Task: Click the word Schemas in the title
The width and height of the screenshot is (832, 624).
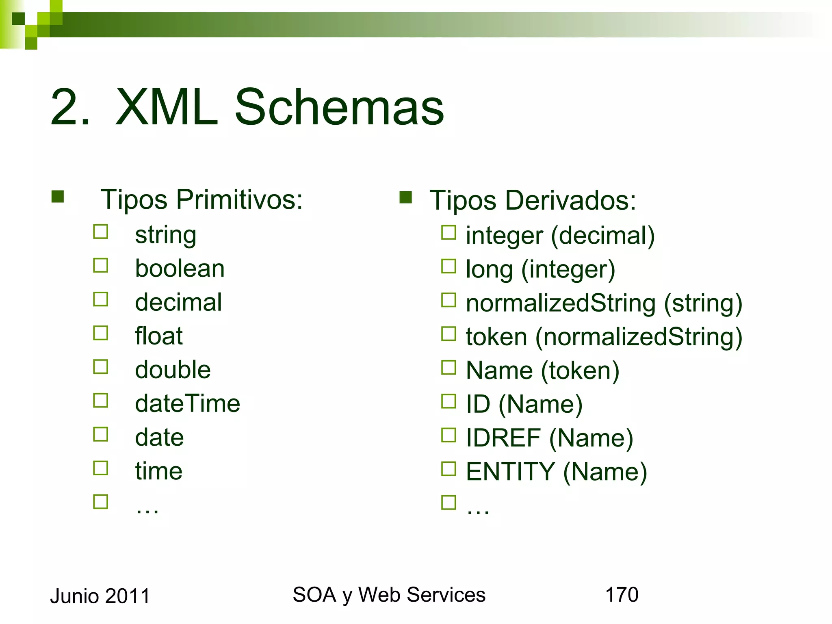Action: click(339, 108)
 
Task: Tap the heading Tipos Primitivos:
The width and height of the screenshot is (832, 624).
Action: click(201, 199)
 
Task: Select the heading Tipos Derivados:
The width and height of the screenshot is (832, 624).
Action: click(533, 200)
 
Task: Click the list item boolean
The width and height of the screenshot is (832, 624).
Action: click(180, 269)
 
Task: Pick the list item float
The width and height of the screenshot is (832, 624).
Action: click(158, 336)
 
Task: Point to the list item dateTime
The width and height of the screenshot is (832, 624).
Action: click(187, 403)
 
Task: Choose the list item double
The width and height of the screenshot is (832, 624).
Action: click(173, 370)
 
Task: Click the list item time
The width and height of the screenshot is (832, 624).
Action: click(158, 471)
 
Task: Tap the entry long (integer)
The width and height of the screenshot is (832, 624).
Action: click(540, 269)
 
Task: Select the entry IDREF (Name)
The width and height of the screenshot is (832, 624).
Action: click(549, 438)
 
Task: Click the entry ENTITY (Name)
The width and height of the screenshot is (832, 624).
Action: click(556, 472)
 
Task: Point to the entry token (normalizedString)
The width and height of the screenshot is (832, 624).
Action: click(604, 337)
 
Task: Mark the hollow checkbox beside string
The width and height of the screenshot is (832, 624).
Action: click(100, 232)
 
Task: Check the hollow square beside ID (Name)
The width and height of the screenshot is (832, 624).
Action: click(448, 401)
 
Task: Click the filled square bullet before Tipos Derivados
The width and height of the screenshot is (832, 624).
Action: click(405, 197)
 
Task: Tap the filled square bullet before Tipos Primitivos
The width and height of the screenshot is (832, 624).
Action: click(58, 197)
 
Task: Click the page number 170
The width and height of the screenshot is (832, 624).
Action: click(622, 595)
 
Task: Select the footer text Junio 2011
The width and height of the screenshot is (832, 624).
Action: click(100, 596)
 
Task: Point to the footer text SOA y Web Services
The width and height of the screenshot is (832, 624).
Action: click(389, 595)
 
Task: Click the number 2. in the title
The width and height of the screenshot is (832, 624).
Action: click(70, 108)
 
